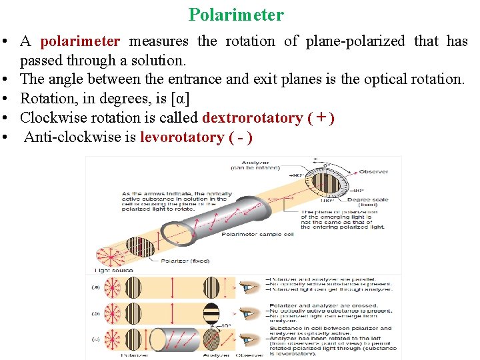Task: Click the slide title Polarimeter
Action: (236, 15)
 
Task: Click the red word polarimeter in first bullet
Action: (80, 41)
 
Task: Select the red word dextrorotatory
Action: (252, 118)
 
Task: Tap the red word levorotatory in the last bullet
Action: (181, 137)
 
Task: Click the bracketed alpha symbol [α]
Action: (180, 99)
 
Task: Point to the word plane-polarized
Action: (355, 41)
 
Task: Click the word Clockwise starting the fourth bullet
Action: (53, 118)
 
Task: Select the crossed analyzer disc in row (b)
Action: (211, 313)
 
